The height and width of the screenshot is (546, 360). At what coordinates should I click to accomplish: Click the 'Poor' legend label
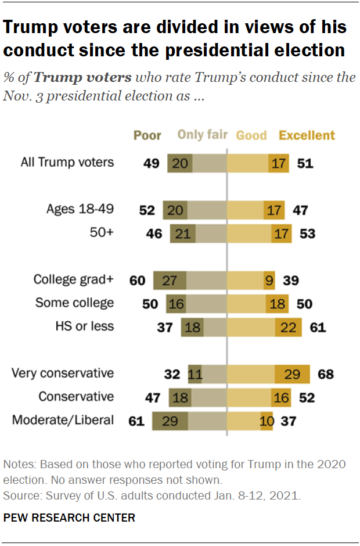tap(147, 135)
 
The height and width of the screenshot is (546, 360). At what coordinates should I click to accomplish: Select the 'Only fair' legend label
tap(202, 135)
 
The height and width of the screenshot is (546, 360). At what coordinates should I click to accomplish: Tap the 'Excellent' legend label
tap(307, 135)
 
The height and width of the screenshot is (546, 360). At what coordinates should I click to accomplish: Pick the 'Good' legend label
tap(251, 135)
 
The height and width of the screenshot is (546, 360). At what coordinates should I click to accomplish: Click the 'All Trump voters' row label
tap(67, 163)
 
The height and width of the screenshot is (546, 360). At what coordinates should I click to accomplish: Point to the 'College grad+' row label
tap(74, 280)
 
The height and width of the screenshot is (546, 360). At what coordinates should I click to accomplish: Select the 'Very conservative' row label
tap(63, 373)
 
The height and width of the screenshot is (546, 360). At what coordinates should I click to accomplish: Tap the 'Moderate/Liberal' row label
tap(63, 419)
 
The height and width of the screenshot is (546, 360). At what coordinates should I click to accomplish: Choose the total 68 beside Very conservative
tap(326, 373)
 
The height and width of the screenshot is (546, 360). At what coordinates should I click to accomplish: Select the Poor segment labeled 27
tap(170, 281)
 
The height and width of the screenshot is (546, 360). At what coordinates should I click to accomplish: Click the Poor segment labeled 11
tap(195, 373)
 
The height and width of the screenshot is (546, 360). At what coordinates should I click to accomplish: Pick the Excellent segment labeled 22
tap(289, 327)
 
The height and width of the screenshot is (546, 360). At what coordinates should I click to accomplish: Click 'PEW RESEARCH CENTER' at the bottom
tap(69, 518)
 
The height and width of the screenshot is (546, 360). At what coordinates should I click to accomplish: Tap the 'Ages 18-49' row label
tap(80, 210)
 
